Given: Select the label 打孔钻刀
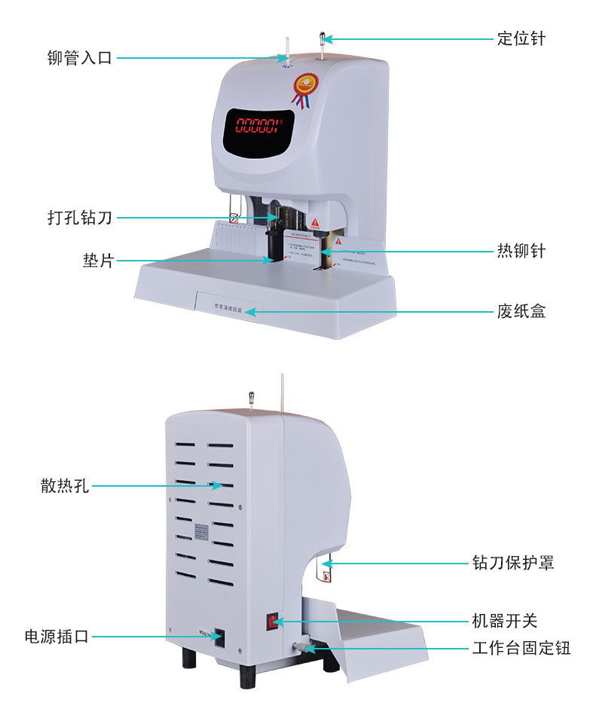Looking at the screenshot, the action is (79, 218).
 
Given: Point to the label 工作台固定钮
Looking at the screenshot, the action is (521, 648).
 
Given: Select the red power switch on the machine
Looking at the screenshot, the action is (272, 622).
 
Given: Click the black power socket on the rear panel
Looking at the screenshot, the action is (219, 637).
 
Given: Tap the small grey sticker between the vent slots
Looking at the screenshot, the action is (202, 530).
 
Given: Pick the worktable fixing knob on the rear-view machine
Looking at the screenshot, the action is (300, 648).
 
